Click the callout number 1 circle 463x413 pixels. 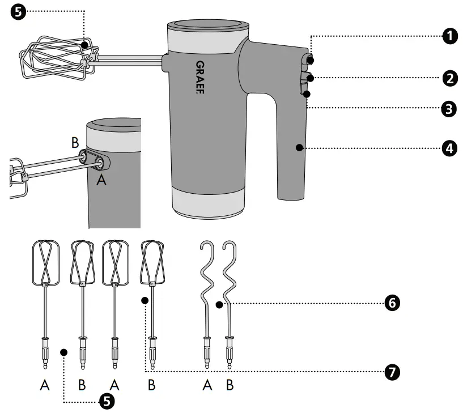450,36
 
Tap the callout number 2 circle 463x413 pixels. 450,78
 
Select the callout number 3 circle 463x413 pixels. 450,108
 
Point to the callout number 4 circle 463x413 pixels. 450,148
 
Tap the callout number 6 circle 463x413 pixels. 391,303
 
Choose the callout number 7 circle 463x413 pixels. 391,372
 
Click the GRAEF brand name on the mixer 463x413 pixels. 200,77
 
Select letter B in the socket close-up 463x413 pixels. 75,143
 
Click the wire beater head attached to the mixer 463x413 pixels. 54,57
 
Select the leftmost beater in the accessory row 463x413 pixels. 45,300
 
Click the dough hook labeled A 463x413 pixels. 206,300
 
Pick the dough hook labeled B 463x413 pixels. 230,300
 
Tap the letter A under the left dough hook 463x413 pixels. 207,385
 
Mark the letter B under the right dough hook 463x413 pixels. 230,385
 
